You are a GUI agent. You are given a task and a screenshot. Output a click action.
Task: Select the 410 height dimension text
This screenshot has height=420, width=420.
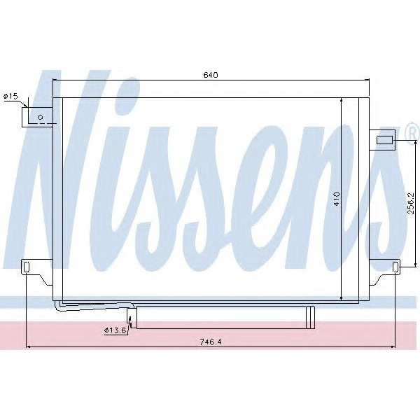pyautogui.click(x=337, y=199)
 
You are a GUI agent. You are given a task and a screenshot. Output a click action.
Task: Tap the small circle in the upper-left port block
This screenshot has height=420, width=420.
pyautogui.click(x=41, y=117)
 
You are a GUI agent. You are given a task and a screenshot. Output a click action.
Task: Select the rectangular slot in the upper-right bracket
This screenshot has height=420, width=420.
pyautogui.click(x=385, y=140)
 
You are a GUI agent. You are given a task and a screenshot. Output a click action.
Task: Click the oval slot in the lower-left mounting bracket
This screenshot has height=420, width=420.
pyautogui.click(x=26, y=267)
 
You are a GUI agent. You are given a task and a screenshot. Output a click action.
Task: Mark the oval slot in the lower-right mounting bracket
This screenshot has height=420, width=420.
pyautogui.click(x=395, y=267)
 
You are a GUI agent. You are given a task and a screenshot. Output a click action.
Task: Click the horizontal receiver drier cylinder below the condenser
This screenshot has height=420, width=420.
pyautogui.click(x=224, y=317)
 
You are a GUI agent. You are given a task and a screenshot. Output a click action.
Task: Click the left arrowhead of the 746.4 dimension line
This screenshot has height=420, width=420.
pyautogui.click(x=28, y=346)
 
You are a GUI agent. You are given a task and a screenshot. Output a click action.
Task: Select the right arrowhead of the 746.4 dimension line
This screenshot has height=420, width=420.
pyautogui.click(x=393, y=346)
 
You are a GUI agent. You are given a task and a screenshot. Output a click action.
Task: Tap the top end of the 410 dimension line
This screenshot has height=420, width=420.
pyautogui.click(x=342, y=100)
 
